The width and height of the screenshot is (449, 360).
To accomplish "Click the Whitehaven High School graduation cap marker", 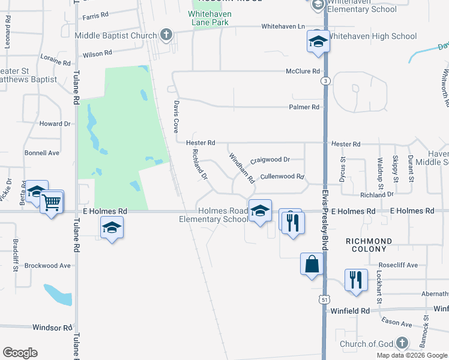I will point(318,42).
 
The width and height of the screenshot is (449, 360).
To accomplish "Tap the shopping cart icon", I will point(52,203).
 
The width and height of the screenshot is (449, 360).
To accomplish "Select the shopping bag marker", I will point(312,264).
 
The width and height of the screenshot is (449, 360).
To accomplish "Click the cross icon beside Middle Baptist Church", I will point(166,35).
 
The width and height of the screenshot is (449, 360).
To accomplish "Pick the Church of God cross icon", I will point(401,344).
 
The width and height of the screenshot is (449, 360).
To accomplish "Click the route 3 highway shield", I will point(325,80).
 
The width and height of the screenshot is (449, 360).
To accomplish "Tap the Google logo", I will point(20,353).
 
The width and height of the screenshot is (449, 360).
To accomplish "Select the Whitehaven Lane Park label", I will point(208,17).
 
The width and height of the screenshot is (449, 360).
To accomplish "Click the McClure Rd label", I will point(303,71).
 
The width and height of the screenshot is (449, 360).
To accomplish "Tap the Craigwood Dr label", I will point(270,160).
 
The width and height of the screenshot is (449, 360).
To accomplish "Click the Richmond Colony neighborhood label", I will point(369,245).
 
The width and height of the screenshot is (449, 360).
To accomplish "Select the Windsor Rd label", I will point(52,328).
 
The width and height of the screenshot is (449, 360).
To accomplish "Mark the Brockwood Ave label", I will point(48,265).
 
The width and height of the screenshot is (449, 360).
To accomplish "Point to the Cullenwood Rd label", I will point(283,177).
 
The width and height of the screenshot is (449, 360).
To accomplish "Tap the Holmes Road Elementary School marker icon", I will point(260,211).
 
